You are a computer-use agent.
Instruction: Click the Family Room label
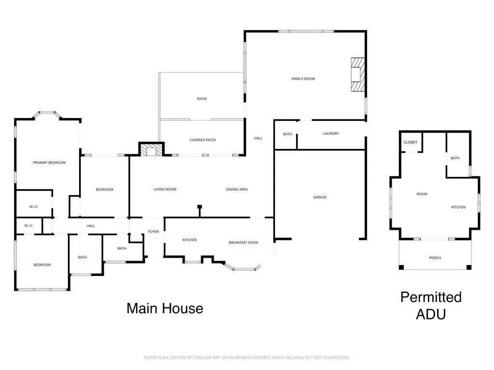click(x=303, y=79)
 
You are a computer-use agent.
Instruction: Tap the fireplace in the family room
click(x=358, y=75)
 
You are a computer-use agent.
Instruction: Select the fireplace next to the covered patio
click(x=151, y=149)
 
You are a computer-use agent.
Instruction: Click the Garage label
click(x=319, y=197)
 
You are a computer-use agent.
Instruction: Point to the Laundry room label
click(x=331, y=133)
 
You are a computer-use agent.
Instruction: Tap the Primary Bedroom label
click(x=49, y=163)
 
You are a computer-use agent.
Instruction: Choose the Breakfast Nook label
click(x=244, y=243)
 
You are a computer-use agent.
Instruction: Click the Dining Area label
click(x=237, y=189)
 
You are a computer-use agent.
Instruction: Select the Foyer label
click(x=153, y=232)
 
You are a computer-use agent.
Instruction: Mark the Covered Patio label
click(x=203, y=140)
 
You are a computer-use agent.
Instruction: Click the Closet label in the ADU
click(x=410, y=142)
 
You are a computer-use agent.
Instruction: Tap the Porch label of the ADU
click(x=435, y=258)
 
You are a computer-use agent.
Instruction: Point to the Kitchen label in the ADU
click(x=458, y=207)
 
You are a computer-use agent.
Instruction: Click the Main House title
click(x=165, y=308)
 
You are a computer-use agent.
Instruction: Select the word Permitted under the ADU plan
click(x=431, y=297)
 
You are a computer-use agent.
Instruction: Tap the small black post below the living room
click(x=199, y=207)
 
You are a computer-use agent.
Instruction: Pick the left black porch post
click(x=401, y=267)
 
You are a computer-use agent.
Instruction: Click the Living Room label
click(x=165, y=189)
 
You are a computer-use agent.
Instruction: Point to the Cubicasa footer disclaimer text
click(x=247, y=358)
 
